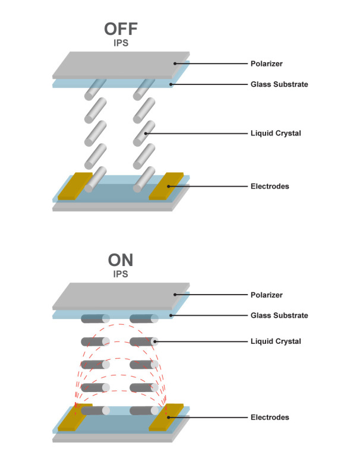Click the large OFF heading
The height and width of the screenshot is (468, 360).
click(x=121, y=30)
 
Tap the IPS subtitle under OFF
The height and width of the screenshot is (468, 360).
click(x=121, y=43)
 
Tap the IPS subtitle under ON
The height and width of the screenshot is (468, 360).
click(x=121, y=275)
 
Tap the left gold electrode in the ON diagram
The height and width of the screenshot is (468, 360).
click(x=73, y=417)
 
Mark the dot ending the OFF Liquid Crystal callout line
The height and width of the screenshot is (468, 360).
click(x=147, y=133)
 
